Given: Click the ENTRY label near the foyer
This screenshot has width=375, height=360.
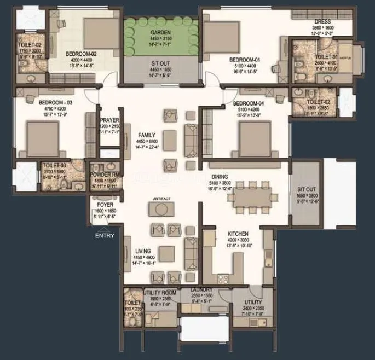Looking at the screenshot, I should [x=105, y=236].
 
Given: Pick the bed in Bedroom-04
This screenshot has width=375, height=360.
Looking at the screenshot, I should [x=253, y=137].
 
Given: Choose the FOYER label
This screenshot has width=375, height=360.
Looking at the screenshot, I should [x=105, y=205].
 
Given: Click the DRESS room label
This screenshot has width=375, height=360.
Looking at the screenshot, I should [x=322, y=22].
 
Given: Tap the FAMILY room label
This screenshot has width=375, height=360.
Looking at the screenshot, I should [x=146, y=135].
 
